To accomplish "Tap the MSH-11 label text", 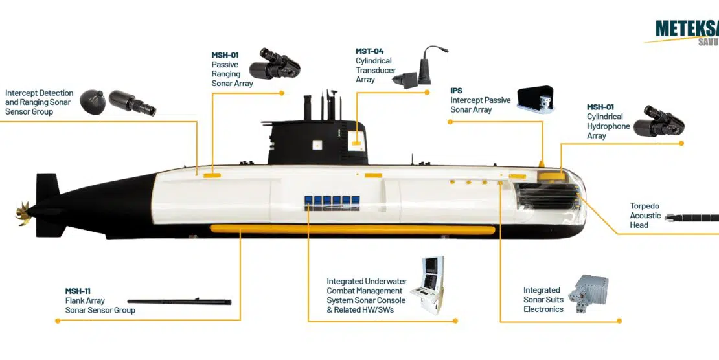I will pos(78,291).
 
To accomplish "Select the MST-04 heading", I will pos(370,51).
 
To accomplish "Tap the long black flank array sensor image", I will pos(179,301).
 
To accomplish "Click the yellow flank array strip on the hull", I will pos(352,229).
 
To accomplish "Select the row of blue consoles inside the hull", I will pos(332,201).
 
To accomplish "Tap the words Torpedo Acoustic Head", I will pos(645,216).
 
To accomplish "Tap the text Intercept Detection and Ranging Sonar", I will pos(39,102).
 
